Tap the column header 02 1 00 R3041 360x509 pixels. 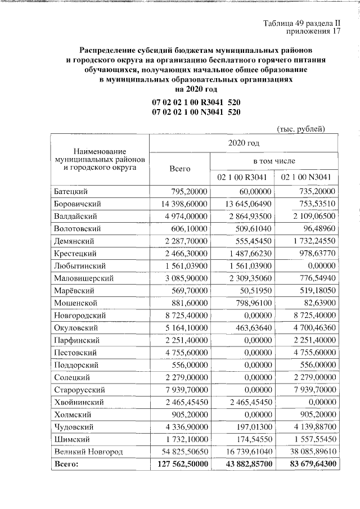point(242,177)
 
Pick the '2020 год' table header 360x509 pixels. point(243,143)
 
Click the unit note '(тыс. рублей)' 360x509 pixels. point(301,129)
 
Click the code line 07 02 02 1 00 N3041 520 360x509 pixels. point(196,112)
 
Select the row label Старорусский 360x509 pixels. point(78,389)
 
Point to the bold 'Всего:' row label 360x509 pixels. point(66,464)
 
